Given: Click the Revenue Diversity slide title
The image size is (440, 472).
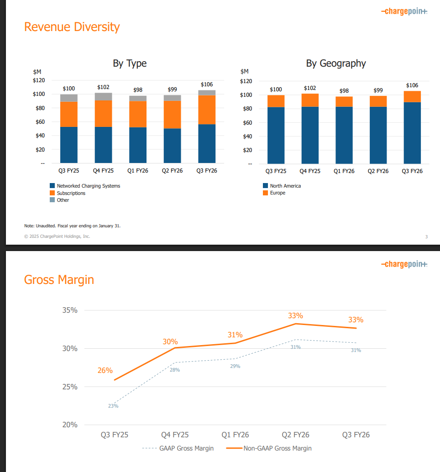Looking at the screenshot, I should [72, 27].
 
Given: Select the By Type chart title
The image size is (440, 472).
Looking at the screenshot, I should [130, 63].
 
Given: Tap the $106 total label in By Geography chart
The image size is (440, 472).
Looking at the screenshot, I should [412, 85].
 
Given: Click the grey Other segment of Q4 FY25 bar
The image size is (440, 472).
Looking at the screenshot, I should [103, 96].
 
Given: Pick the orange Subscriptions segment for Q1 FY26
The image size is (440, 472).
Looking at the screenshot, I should [138, 114].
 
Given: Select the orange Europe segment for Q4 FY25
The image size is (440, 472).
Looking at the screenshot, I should [310, 100].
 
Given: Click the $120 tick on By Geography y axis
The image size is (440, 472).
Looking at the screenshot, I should [246, 81].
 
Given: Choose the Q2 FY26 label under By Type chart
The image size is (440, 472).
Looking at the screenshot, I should [172, 171].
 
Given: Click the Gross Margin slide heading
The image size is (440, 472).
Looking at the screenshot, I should [59, 279].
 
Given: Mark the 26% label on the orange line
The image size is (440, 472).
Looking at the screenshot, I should [105, 371].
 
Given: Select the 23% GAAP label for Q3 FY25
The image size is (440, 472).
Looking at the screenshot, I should [113, 406].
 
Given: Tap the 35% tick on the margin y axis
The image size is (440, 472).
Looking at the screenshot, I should [70, 310].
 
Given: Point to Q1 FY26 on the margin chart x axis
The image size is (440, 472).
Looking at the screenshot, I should [235, 435].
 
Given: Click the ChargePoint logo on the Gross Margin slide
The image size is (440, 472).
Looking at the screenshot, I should [404, 264].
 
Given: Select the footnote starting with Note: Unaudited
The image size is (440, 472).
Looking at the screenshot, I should [73, 226].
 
